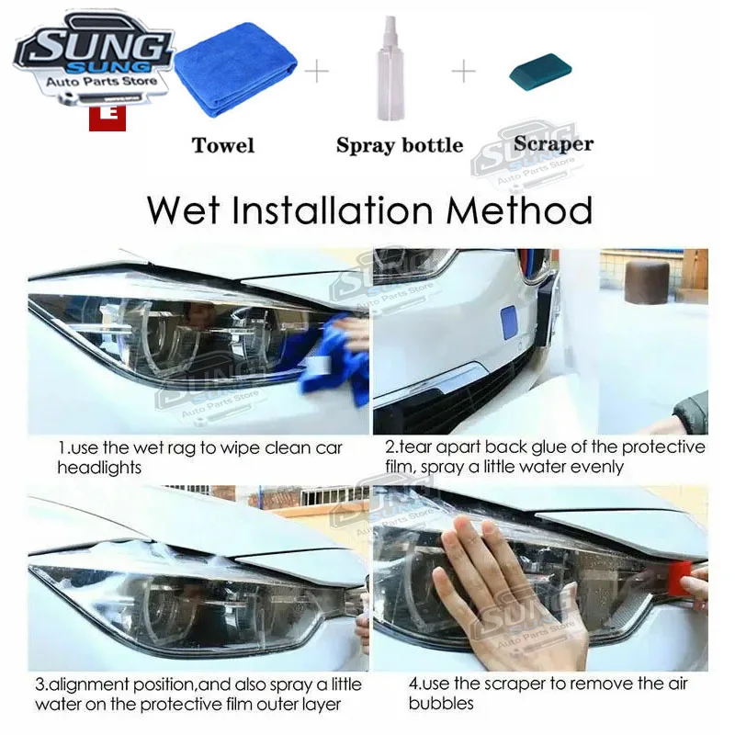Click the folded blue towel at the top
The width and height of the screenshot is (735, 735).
[x=235, y=68]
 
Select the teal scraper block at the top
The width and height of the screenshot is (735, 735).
[x=540, y=73]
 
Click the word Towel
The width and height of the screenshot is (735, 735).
[x=223, y=145]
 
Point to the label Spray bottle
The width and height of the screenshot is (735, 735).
[x=400, y=146]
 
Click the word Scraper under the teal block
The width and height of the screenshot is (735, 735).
[x=554, y=144]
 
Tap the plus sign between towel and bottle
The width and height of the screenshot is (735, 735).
[x=317, y=72]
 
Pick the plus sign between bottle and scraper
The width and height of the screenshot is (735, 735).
[x=464, y=71]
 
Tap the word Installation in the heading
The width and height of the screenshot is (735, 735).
[x=333, y=210]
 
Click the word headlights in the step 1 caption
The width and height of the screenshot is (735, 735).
[x=99, y=468]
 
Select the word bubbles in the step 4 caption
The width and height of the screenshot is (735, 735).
[x=441, y=703]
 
